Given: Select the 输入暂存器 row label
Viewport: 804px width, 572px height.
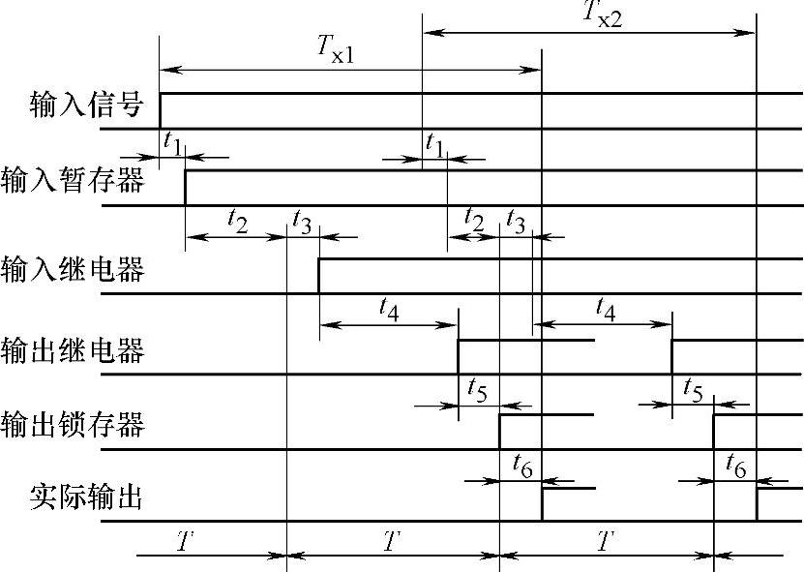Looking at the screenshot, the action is pos(74,180).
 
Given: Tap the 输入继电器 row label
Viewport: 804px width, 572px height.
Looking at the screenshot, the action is pos(74,268).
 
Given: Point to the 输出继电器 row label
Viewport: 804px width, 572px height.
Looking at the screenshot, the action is pos(74,349).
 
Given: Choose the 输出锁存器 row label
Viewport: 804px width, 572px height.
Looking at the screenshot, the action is pos(74,424).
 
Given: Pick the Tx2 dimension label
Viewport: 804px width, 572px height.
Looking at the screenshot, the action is pos(603,15).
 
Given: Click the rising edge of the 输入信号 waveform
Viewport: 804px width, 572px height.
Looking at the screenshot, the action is pos(161,109).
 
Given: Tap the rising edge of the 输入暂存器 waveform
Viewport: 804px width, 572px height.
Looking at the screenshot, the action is pos(185,188).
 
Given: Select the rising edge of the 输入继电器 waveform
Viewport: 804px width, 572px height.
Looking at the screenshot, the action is pos(319,276).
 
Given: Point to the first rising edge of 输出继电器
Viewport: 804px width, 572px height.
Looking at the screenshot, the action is pos(458,356).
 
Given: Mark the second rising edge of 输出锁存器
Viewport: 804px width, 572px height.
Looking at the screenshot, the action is pos(713,432).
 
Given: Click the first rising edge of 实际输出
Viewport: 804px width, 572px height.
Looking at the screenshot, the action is pos(542,504).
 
